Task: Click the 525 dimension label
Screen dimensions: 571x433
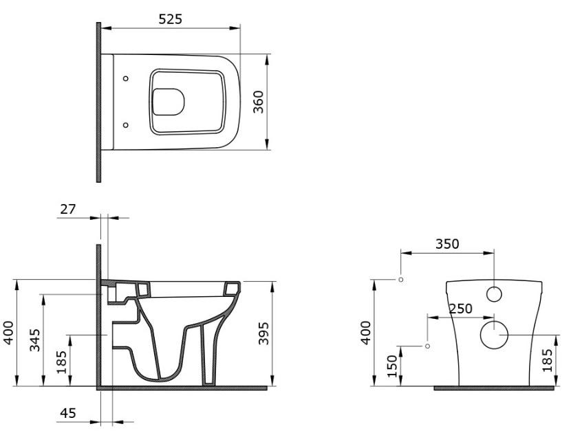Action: pyautogui.click(x=170, y=19)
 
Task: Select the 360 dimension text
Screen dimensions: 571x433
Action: pyautogui.click(x=258, y=102)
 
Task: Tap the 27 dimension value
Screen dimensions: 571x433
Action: pyautogui.click(x=67, y=209)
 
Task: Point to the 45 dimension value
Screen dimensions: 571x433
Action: pyautogui.click(x=67, y=413)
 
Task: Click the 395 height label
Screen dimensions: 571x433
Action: pyautogui.click(x=263, y=333)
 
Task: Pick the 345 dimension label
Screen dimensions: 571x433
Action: pyautogui.click(x=35, y=340)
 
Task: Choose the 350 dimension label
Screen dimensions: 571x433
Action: pyautogui.click(x=447, y=244)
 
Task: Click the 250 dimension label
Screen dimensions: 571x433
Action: pyautogui.click(x=460, y=309)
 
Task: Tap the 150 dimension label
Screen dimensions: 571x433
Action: pyautogui.click(x=392, y=366)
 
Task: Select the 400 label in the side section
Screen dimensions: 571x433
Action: pyautogui.click(x=8, y=333)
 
